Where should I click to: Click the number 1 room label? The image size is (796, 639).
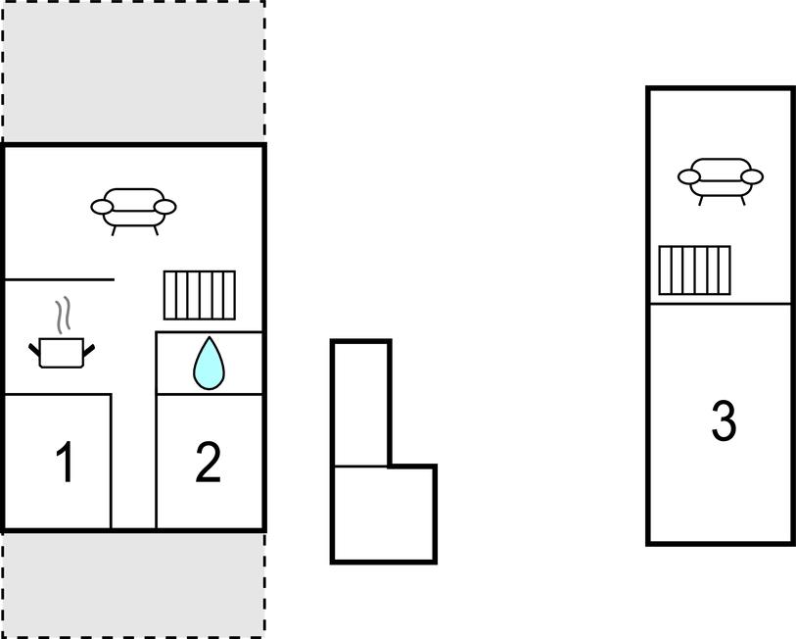(66, 461)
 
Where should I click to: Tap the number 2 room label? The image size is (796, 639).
(209, 461)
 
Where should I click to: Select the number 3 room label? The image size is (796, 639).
(724, 420)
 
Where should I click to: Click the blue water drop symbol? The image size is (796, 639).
(209, 363)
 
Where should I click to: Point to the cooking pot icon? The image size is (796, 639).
(62, 352)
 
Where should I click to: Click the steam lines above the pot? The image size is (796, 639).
(63, 316)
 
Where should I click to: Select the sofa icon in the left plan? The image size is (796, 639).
(133, 211)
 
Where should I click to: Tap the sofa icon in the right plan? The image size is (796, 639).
(721, 181)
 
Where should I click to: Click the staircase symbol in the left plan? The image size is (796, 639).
(200, 295)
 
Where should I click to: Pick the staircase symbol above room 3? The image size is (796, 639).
(694, 270)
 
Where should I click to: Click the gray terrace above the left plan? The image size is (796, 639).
(133, 72)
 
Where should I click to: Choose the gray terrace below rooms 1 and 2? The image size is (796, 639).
(133, 584)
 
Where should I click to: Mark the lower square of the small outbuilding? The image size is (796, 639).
(384, 514)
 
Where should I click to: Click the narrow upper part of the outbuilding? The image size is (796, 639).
(360, 403)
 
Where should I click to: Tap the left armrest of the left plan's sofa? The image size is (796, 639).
(102, 207)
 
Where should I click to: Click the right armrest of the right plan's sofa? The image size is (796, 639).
(752, 177)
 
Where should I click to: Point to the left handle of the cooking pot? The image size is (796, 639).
(34, 350)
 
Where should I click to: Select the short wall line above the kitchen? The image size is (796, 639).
(59, 279)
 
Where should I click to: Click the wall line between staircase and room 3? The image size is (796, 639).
(721, 304)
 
